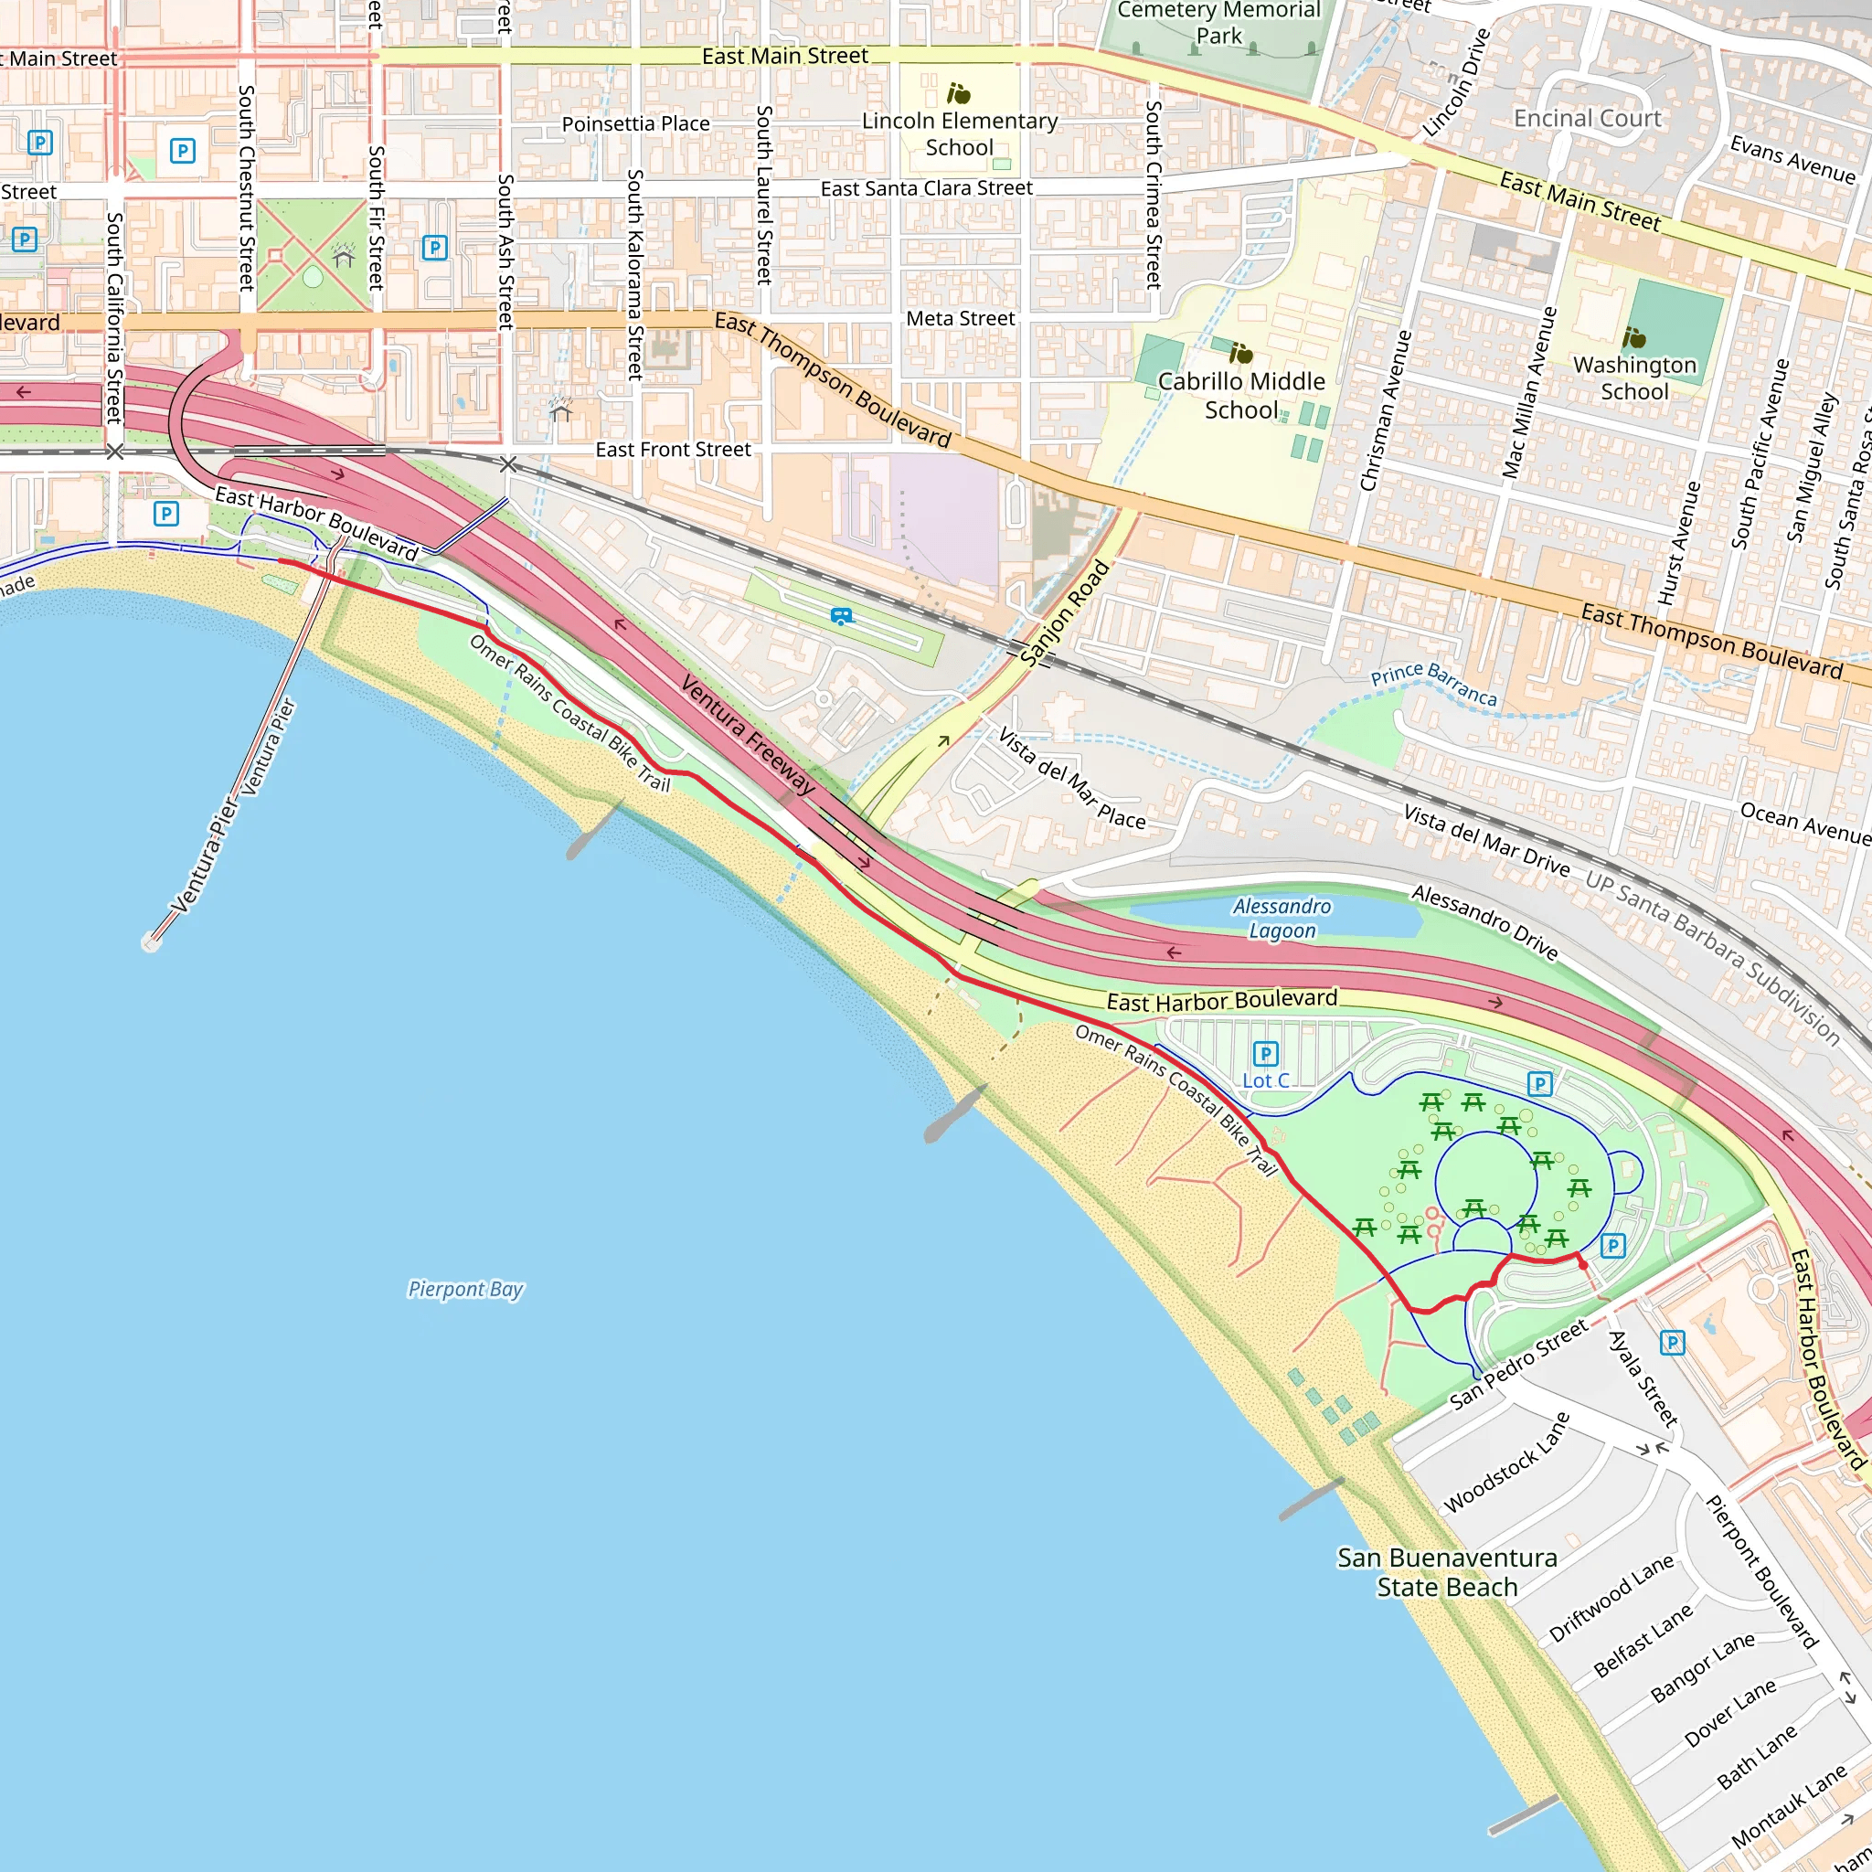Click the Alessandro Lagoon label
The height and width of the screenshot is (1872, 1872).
[1281, 918]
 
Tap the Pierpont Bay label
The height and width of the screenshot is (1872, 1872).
[465, 1289]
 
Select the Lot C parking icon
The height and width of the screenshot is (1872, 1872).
[1265, 1053]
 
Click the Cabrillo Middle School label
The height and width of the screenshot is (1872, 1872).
[1241, 395]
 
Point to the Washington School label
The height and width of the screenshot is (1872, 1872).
[1634, 378]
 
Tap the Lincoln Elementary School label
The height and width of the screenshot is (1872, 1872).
[959, 133]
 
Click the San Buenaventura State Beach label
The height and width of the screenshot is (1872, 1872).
[1447, 1571]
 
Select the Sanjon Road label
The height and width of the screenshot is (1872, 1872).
[1064, 613]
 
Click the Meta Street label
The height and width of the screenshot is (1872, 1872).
[961, 319]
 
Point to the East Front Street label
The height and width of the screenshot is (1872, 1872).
[673, 450]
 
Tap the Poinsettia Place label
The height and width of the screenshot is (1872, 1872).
[635, 124]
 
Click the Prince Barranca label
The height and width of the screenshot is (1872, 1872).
[1433, 684]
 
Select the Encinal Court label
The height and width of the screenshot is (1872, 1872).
[1587, 118]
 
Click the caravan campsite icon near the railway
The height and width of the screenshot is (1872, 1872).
[841, 615]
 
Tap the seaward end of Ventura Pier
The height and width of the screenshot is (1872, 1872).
[150, 941]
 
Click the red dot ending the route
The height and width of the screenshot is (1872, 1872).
[1582, 1263]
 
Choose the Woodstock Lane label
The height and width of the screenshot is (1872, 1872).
[1505, 1462]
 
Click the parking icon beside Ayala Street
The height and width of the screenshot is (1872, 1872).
[1673, 1343]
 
